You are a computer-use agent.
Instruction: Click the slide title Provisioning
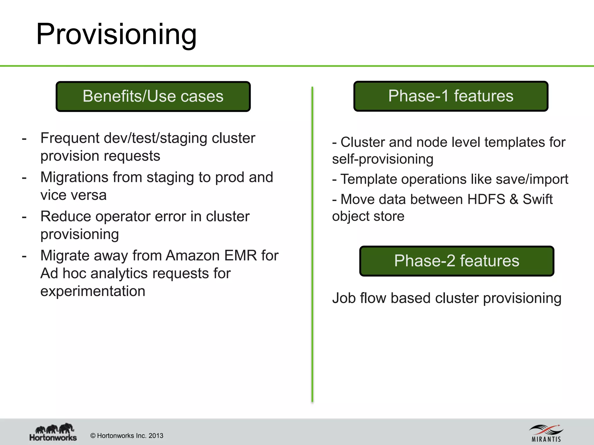(x=116, y=34)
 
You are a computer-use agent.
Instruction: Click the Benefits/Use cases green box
(x=153, y=96)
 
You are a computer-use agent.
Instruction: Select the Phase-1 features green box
(x=451, y=96)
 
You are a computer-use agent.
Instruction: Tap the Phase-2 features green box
(x=457, y=261)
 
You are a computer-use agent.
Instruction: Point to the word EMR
(x=240, y=256)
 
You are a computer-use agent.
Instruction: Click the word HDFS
(x=486, y=199)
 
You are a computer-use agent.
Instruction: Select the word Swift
(x=537, y=199)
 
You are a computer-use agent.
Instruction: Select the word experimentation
(x=93, y=291)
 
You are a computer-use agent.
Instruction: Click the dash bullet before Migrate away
(x=24, y=256)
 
